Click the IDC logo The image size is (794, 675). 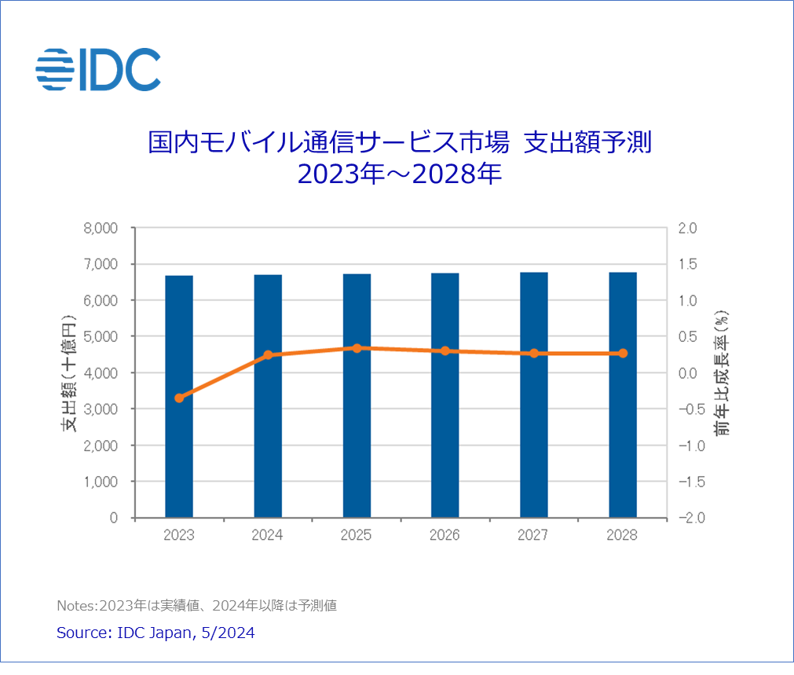[98, 68]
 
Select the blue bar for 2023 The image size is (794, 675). [179, 396]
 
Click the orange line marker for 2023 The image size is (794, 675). [179, 398]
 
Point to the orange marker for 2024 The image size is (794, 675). [268, 355]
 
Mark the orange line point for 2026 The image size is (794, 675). [445, 351]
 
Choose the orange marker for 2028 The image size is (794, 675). [623, 354]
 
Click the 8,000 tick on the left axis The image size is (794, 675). [100, 229]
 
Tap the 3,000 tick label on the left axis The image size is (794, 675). [100, 409]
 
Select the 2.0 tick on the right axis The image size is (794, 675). [688, 229]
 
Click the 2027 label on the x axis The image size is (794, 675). [534, 535]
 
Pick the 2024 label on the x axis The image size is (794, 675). [268, 535]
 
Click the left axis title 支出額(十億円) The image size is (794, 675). [70, 373]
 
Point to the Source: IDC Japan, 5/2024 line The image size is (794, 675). [156, 633]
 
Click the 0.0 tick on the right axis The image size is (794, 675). [688, 373]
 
